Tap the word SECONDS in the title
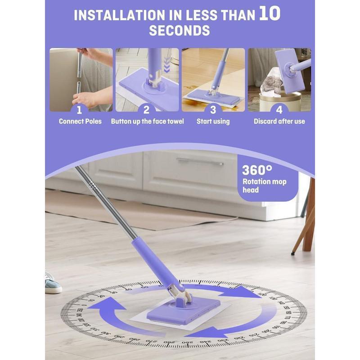(179, 31)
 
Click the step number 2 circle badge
(147, 109)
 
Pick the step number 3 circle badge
(213, 109)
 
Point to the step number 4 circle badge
(279, 109)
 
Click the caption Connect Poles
(81, 121)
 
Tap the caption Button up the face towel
(147, 121)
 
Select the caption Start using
(213, 121)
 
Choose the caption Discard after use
(279, 121)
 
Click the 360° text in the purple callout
(257, 171)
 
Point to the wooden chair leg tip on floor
(293, 252)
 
